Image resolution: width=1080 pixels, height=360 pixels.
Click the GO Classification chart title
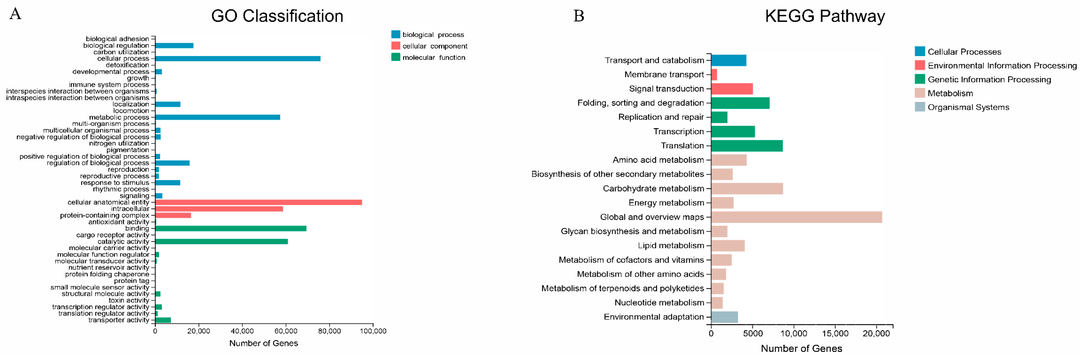pyautogui.click(x=277, y=16)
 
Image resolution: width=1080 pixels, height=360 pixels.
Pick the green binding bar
pyautogui.click(x=231, y=228)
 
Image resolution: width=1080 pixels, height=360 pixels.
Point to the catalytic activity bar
pyautogui.click(x=221, y=241)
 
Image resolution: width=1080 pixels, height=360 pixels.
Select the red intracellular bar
pyautogui.click(x=219, y=209)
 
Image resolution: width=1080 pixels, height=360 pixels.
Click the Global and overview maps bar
pyautogui.click(x=797, y=217)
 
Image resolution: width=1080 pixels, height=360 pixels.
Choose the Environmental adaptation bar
pyautogui.click(x=725, y=317)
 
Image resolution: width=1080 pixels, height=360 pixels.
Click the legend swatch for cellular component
pyautogui.click(x=395, y=46)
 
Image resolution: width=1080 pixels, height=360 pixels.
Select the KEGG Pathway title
pyautogui.click(x=825, y=16)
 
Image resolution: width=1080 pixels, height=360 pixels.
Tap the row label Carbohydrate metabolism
pyautogui.click(x=653, y=189)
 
